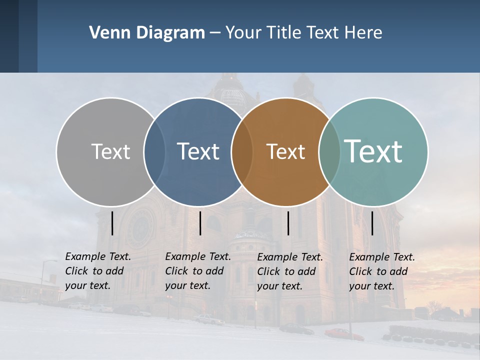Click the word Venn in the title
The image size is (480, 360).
(106, 33)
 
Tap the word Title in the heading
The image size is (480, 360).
(284, 33)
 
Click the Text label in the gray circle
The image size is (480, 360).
(110, 151)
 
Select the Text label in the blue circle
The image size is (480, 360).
(198, 151)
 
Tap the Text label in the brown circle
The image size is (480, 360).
(285, 151)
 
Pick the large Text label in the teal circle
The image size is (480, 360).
(373, 151)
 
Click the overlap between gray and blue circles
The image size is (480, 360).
(154, 152)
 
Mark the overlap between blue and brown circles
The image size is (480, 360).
(242, 152)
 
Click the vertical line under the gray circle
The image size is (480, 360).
(112, 223)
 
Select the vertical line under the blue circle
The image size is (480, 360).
(200, 223)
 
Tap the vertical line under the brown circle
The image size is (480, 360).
(288, 223)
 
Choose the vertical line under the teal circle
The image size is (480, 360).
(372, 223)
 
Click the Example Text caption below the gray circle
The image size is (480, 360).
(98, 271)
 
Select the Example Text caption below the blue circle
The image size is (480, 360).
(198, 271)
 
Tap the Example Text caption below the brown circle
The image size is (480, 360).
(290, 271)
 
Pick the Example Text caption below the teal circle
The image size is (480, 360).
(382, 271)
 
